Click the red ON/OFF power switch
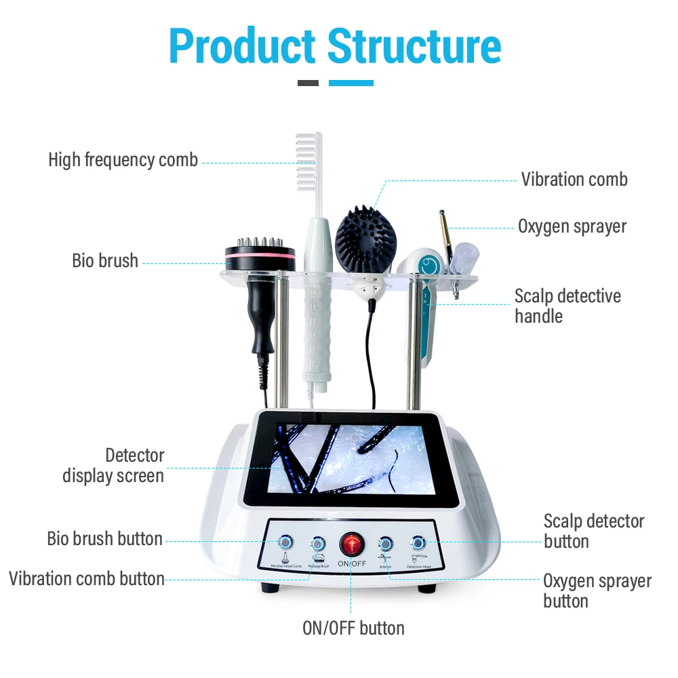click(351, 544)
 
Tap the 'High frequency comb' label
click(123, 160)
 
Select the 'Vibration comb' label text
click(574, 180)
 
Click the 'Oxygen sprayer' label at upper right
click(572, 226)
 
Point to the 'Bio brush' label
click(105, 261)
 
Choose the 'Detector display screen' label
click(113, 465)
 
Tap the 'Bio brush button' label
click(104, 539)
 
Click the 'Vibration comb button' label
click(87, 579)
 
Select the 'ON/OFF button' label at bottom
click(353, 629)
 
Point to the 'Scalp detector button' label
click(593, 531)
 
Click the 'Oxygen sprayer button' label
click(597, 591)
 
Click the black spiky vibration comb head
click(366, 237)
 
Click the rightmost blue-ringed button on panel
click(418, 542)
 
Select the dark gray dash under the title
click(308, 83)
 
